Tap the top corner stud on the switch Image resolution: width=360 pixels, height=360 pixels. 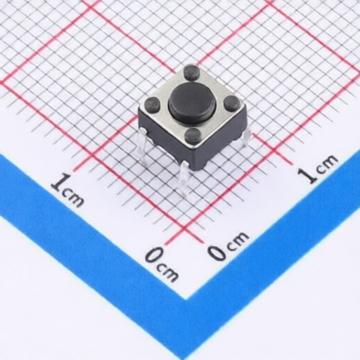(x=191, y=72)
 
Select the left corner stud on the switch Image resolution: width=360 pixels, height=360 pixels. (x=152, y=103)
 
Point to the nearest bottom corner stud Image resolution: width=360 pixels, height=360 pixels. (x=193, y=135)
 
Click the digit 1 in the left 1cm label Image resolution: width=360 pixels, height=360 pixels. (x=60, y=182)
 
